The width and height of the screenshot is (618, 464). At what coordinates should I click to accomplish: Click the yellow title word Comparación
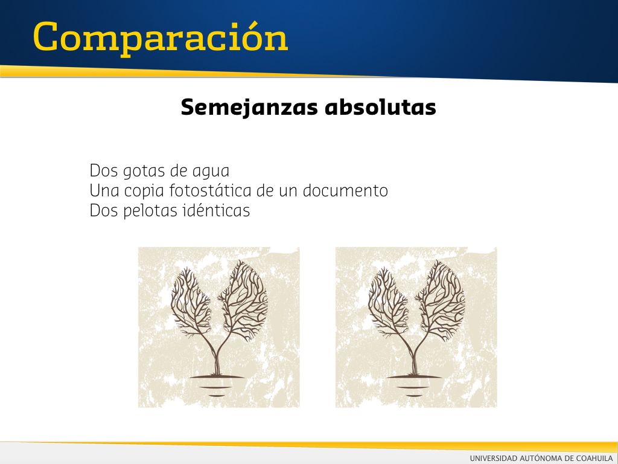pyautogui.click(x=161, y=38)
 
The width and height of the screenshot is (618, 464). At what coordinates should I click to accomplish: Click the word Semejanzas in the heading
pyautogui.click(x=249, y=107)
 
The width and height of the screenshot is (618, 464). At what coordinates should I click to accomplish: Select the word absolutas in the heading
pyautogui.click(x=380, y=107)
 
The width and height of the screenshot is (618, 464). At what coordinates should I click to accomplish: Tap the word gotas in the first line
pyautogui.click(x=144, y=171)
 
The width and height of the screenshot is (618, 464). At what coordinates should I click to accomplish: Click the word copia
pyautogui.click(x=144, y=192)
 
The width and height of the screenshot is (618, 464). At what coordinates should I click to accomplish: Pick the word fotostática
pyautogui.click(x=211, y=190)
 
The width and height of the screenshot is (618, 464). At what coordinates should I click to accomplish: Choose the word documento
pyautogui.click(x=345, y=190)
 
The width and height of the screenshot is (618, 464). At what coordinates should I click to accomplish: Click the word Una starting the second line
pyautogui.click(x=104, y=190)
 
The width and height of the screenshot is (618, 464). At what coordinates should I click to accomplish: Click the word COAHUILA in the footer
pyautogui.click(x=594, y=458)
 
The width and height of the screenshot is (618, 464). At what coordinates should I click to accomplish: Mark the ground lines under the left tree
pyautogui.click(x=217, y=385)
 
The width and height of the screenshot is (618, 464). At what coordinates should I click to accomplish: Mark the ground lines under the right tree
pyautogui.click(x=414, y=385)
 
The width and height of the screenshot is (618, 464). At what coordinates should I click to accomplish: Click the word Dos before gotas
pyautogui.click(x=104, y=170)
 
